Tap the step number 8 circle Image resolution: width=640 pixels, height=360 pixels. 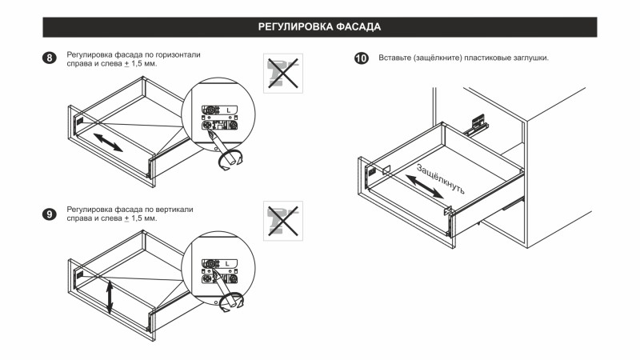coord(50,59)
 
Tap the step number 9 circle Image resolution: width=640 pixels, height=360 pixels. coord(50,214)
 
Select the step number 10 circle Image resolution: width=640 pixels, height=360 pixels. coord(361,59)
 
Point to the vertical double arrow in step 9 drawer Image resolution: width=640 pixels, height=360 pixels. coord(110,297)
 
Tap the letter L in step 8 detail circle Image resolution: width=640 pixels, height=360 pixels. coord(228,109)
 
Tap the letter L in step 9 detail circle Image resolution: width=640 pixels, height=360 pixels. coord(228,263)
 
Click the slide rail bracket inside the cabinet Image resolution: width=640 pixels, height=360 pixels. coord(478,125)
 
